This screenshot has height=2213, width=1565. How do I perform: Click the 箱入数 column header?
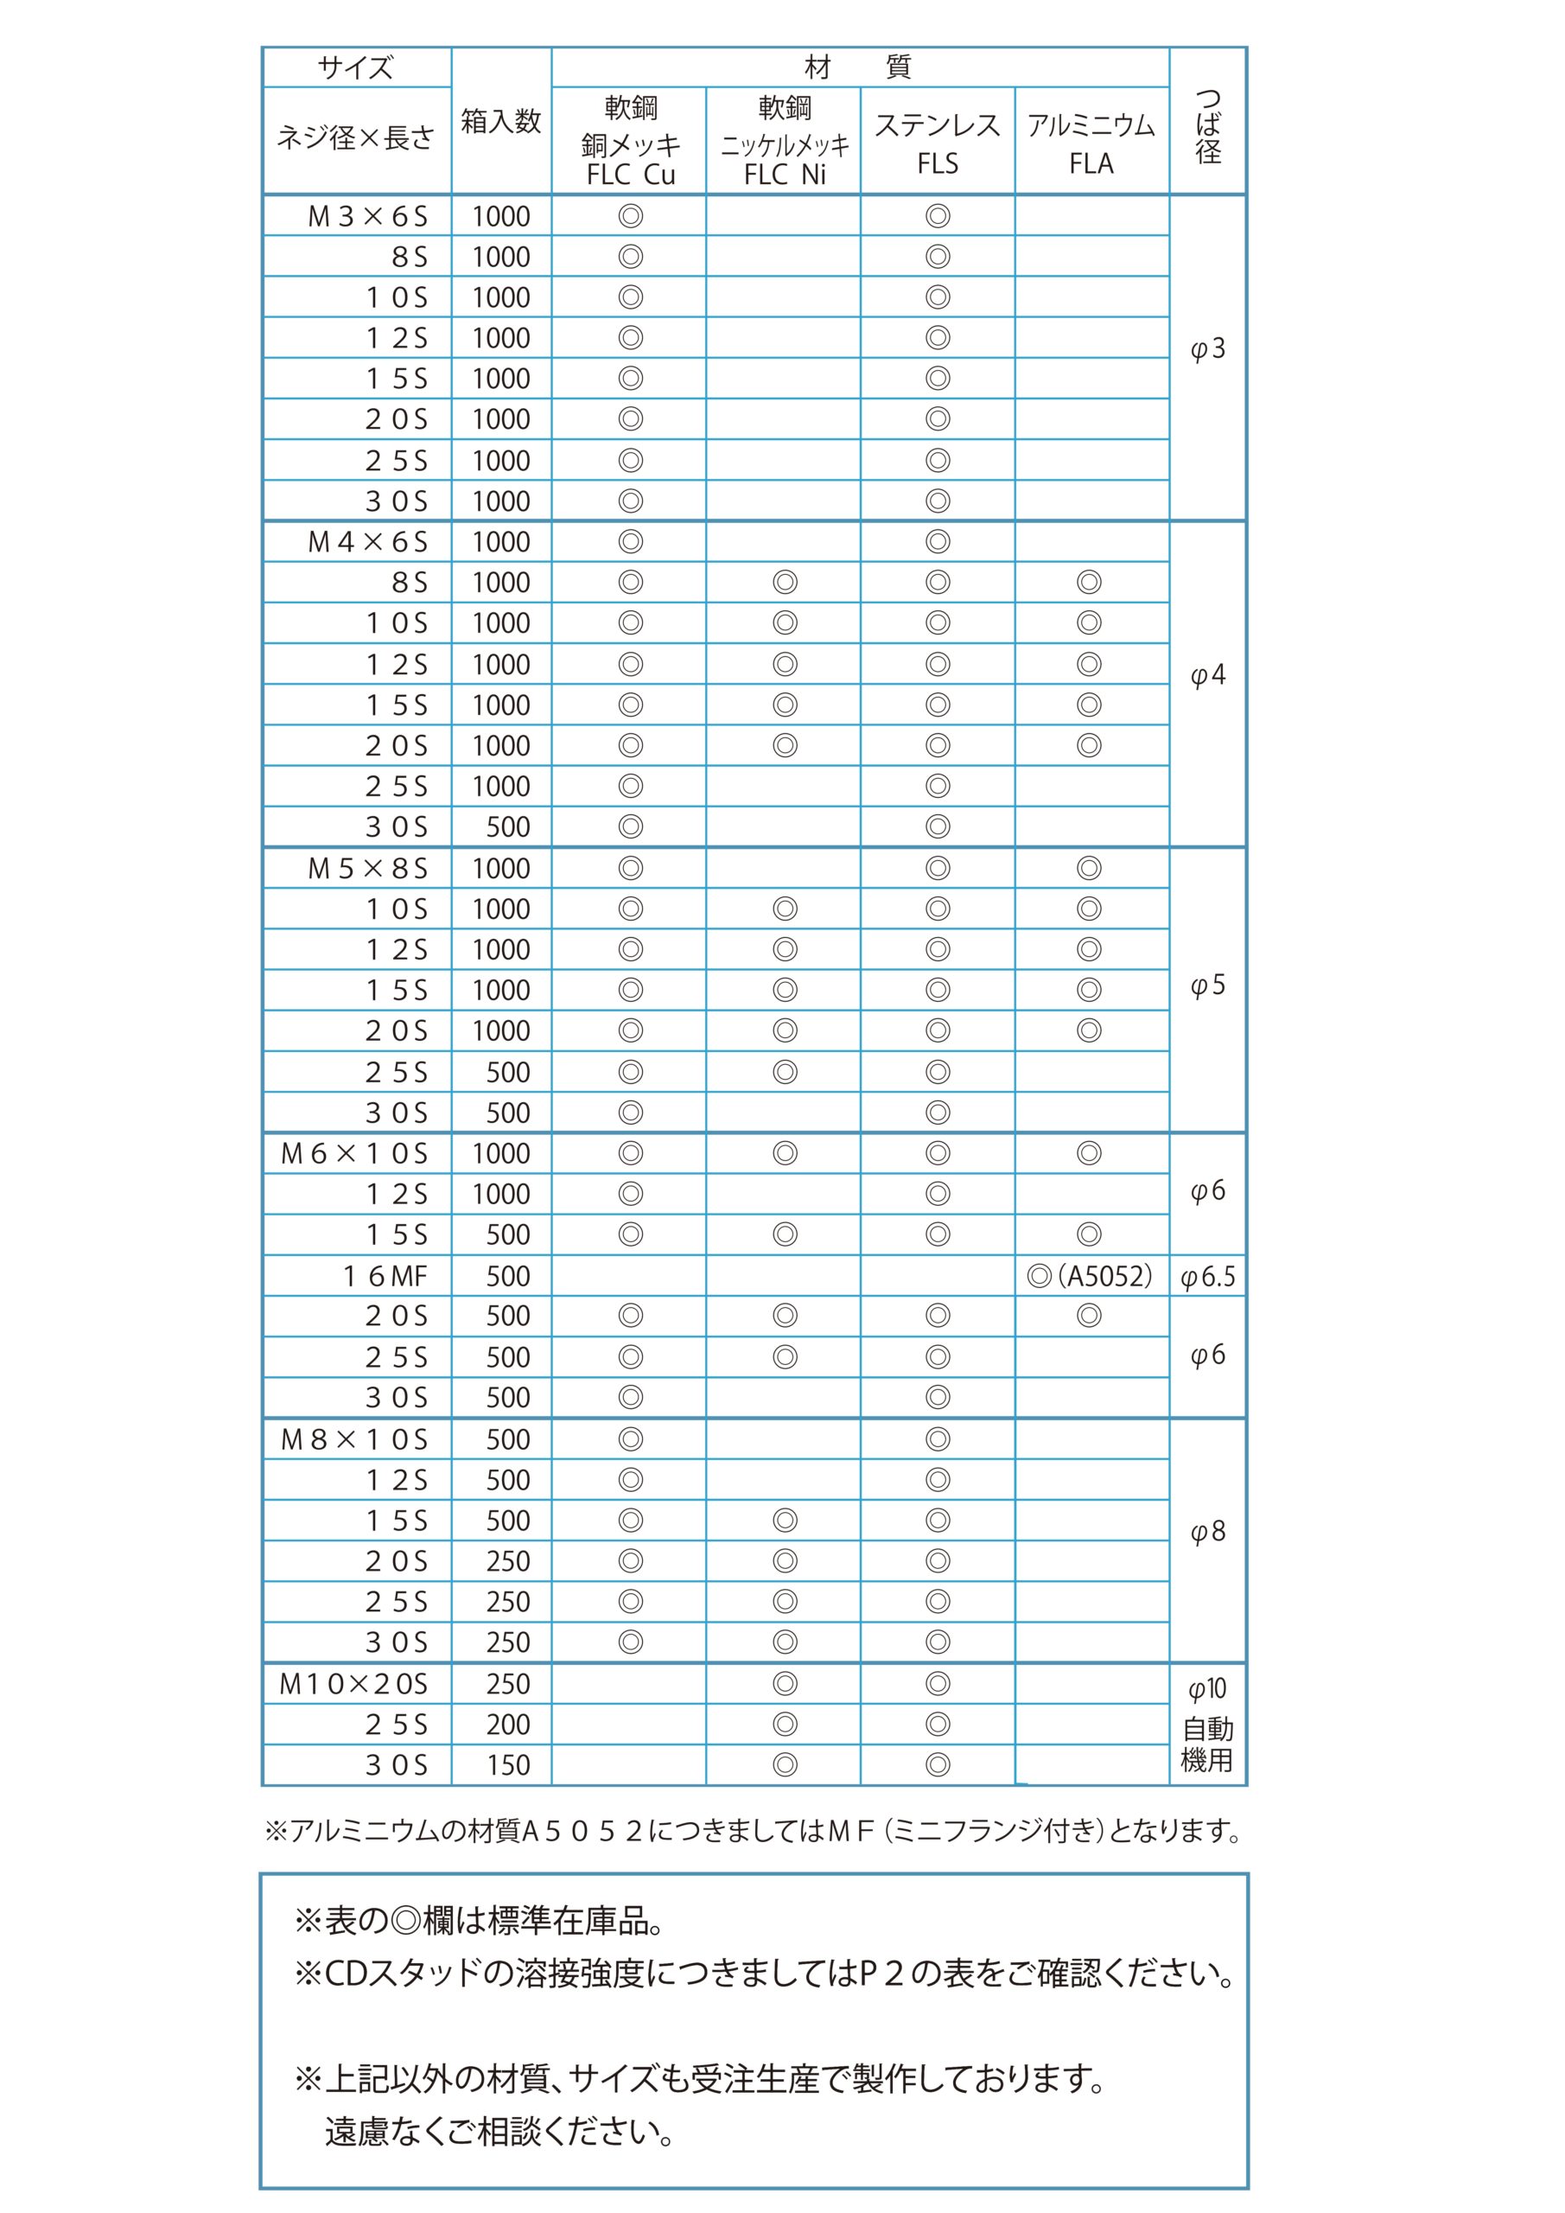pyautogui.click(x=500, y=121)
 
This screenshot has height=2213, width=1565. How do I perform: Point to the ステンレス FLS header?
pyautogui.click(x=937, y=143)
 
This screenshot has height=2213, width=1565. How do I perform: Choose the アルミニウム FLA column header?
pyautogui.click(x=1091, y=143)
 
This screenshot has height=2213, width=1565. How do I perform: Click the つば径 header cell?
pyautogui.click(x=1207, y=125)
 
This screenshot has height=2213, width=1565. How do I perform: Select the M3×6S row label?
pyautogui.click(x=367, y=217)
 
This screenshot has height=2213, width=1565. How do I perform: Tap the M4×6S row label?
pyautogui.click(x=367, y=543)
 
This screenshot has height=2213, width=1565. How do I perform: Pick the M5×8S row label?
pyautogui.click(x=367, y=870)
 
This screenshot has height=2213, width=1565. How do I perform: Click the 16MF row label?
pyautogui.click(x=385, y=1276)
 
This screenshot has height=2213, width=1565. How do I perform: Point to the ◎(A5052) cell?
pyautogui.click(x=1090, y=1276)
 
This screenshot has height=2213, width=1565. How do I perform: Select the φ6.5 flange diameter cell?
pyautogui.click(x=1207, y=1277)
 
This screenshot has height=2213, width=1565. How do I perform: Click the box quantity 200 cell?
pyautogui.click(x=507, y=1725)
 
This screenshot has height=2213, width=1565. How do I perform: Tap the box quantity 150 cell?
pyautogui.click(x=507, y=1765)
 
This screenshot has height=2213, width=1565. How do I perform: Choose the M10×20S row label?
pyautogui.click(x=353, y=1684)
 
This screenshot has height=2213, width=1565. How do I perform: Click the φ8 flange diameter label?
pyautogui.click(x=1207, y=1532)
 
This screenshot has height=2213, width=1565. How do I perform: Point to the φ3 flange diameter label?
pyautogui.click(x=1207, y=349)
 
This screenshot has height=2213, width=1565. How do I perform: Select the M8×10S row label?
pyautogui.click(x=353, y=1440)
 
